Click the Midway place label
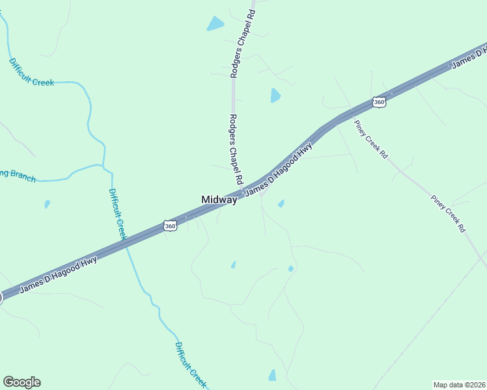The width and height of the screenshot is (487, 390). pyautogui.click(x=219, y=200)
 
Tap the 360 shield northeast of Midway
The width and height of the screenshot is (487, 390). pyautogui.click(x=379, y=102)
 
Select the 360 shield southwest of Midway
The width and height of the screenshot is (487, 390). pyautogui.click(x=170, y=226)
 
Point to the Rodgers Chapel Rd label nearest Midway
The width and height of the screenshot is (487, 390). pyautogui.click(x=236, y=149)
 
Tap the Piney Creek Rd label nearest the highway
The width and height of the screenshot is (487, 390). pyautogui.click(x=371, y=139)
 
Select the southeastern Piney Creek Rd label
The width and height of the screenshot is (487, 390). pyautogui.click(x=449, y=213)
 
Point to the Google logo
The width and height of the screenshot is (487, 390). pyautogui.click(x=21, y=382)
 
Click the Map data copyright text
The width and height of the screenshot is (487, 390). pyautogui.click(x=460, y=385)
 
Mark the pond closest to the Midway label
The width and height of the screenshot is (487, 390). pyautogui.click(x=281, y=204)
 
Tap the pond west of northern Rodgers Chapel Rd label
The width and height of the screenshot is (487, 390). pyautogui.click(x=215, y=23)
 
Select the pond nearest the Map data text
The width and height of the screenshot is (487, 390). pyautogui.click(x=272, y=375)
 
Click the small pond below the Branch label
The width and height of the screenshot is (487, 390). pyautogui.click(x=47, y=204)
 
